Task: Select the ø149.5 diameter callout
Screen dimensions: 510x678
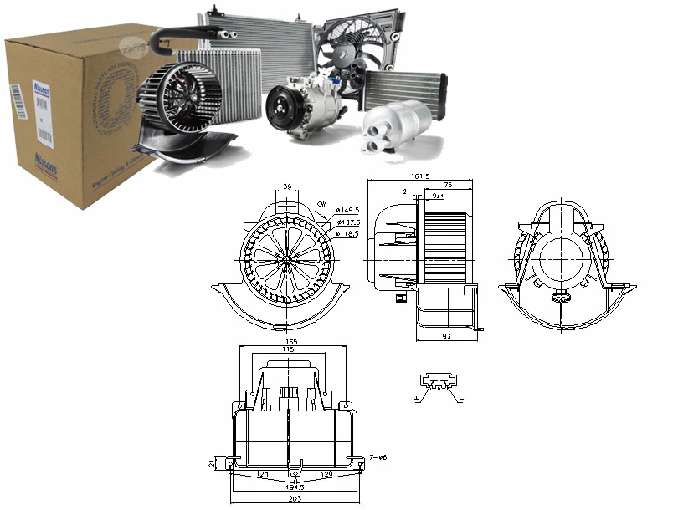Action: click(x=348, y=210)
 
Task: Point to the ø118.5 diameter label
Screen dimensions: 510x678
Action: click(x=348, y=234)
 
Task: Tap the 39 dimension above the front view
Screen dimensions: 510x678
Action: click(x=287, y=186)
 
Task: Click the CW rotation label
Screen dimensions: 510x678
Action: click(x=321, y=203)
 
